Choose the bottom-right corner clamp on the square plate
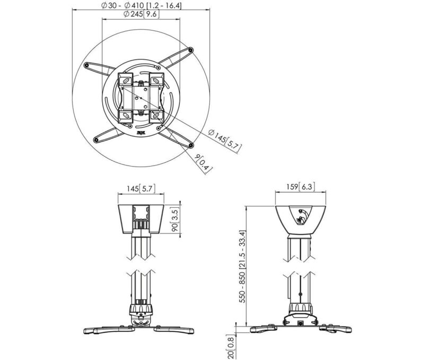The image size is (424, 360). pos(156,113)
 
